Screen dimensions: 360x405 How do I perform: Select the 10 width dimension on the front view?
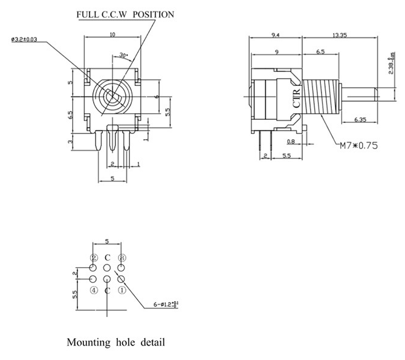[x=112, y=34]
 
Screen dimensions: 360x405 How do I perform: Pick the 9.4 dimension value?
[x=275, y=34]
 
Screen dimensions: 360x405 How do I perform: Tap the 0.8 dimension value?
[x=290, y=142]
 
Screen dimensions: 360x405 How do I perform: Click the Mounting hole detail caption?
[x=115, y=342]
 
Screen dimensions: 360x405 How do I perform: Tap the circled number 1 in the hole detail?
[x=121, y=290]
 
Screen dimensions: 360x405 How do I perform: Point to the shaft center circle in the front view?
[x=112, y=96]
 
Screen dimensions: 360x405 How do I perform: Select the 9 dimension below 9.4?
[x=276, y=53]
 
